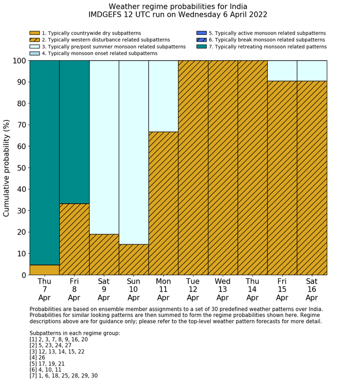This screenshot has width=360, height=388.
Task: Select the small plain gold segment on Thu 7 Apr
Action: pyautogui.click(x=44, y=270)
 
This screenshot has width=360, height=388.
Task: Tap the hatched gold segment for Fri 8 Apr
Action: pyautogui.click(x=74, y=239)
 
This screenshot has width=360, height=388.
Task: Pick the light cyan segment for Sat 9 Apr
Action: pyautogui.click(x=104, y=147)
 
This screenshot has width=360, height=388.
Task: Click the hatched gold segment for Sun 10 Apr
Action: pyautogui.click(x=134, y=259)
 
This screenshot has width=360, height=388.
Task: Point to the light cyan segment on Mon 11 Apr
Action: pyautogui.click(x=163, y=96)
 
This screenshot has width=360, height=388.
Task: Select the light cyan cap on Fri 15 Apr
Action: pyautogui.click(x=282, y=70)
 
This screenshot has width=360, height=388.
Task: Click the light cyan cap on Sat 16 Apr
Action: pyautogui.click(x=312, y=70)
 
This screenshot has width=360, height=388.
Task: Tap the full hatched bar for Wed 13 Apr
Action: pyautogui.click(x=223, y=168)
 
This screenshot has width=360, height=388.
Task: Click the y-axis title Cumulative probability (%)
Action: pyautogui.click(x=7, y=168)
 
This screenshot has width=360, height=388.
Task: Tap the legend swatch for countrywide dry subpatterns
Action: pyautogui.click(x=34, y=33)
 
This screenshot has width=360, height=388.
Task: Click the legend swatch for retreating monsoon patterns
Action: pyautogui.click(x=202, y=47)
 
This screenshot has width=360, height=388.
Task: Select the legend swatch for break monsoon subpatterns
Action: pyautogui.click(x=202, y=40)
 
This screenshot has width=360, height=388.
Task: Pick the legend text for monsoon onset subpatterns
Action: pyautogui.click(x=99, y=54)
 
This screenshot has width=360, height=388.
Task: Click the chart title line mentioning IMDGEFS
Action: pyautogui.click(x=178, y=15)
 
